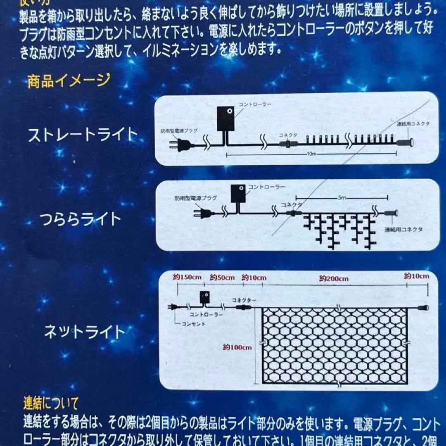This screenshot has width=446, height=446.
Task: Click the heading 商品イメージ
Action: (x=69, y=80)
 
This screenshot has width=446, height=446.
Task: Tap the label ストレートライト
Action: (x=83, y=135)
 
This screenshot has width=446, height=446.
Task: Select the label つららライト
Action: (x=80, y=218)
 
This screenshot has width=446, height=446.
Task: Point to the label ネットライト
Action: (x=84, y=332)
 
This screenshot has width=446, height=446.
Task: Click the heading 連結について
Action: (x=50, y=402)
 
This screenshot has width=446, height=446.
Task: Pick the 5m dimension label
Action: (x=342, y=198)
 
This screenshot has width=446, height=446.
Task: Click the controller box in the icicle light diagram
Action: (x=238, y=193)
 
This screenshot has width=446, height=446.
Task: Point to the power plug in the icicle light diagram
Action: (x=204, y=214)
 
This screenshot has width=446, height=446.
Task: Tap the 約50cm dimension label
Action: (x=222, y=278)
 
